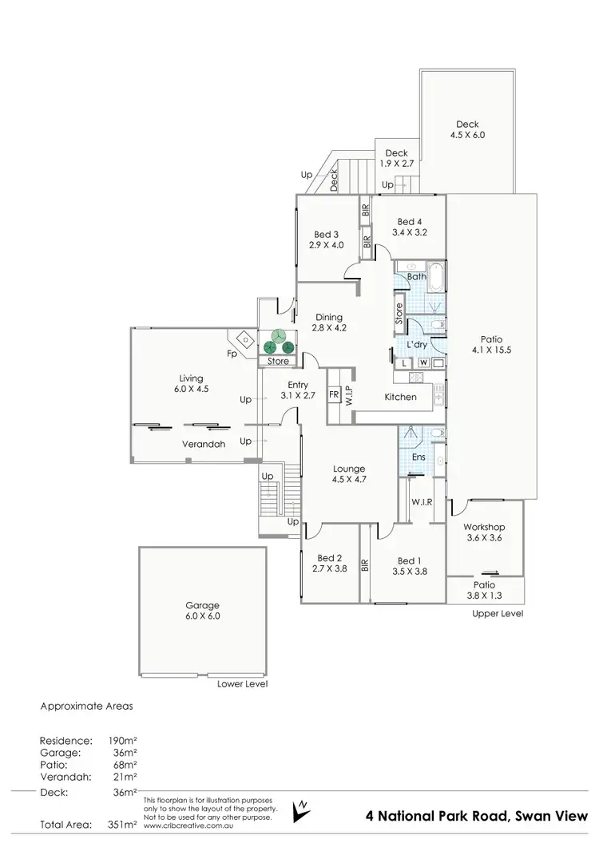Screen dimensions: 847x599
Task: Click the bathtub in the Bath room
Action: pyautogui.click(x=437, y=280)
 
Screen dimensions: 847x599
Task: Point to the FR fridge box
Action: pyautogui.click(x=334, y=394)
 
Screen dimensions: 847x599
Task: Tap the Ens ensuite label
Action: pyautogui.click(x=419, y=457)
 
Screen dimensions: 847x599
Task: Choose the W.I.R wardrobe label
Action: pyautogui.click(x=422, y=502)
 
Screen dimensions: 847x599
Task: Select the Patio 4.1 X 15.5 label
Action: pyautogui.click(x=490, y=342)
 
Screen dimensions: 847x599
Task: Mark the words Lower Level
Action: pyautogui.click(x=243, y=684)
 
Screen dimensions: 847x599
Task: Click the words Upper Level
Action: pyautogui.click(x=498, y=614)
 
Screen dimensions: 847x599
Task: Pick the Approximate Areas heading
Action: pyautogui.click(x=86, y=706)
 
